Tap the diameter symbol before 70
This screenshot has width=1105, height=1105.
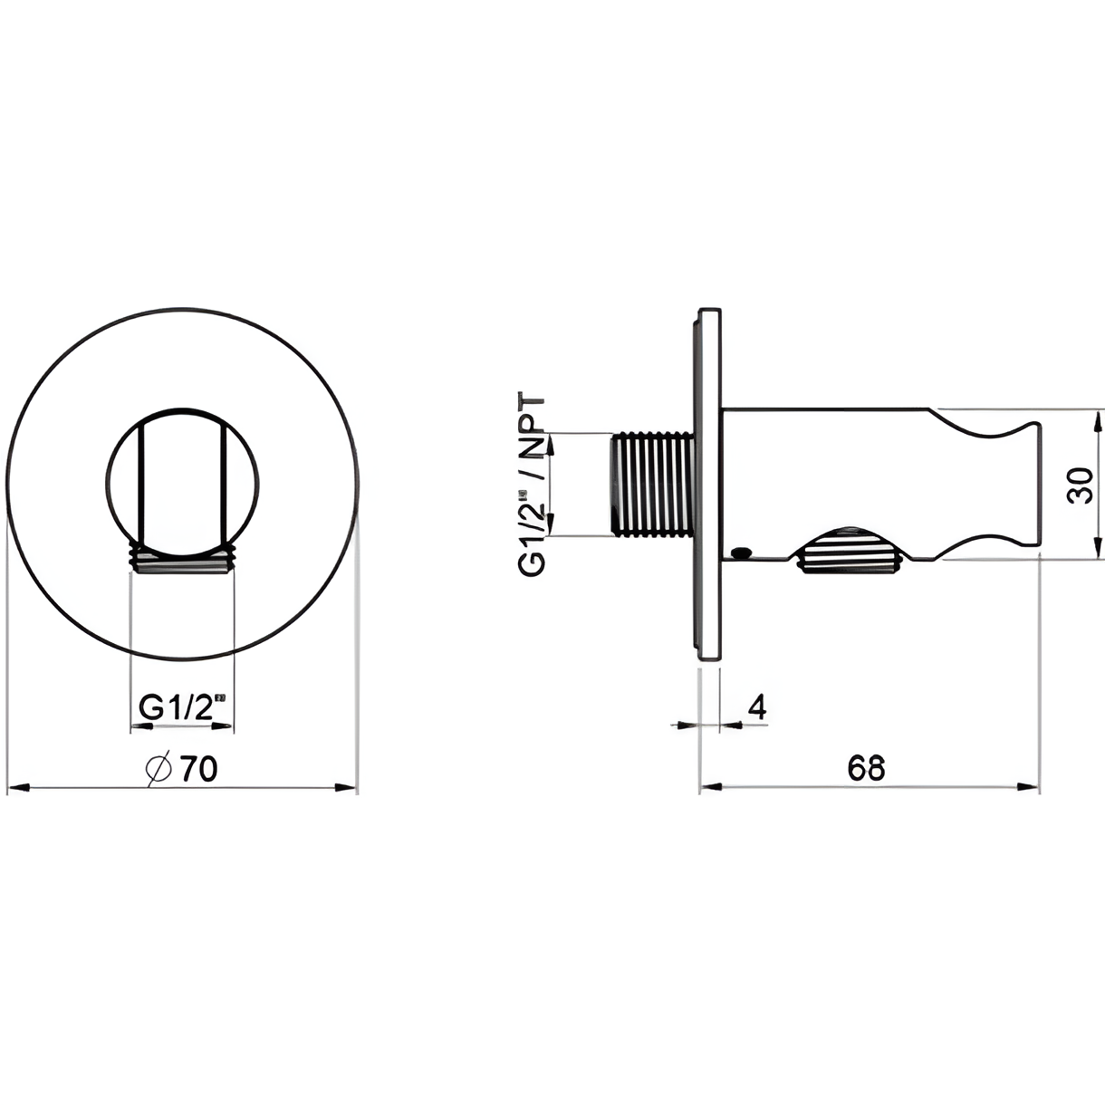coord(159,770)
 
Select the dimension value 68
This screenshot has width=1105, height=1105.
coord(867,768)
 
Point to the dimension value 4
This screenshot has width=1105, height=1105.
coord(757,707)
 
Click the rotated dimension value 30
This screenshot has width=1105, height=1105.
coord(1080,485)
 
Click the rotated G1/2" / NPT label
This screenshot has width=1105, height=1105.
coord(531,484)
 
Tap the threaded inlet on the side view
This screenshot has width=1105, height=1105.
coord(654,485)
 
